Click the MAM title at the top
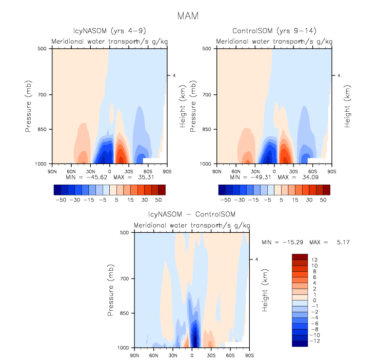point(188,16)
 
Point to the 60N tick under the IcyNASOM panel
point(71,170)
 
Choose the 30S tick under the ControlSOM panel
point(293,170)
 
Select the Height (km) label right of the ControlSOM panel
point(348,106)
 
